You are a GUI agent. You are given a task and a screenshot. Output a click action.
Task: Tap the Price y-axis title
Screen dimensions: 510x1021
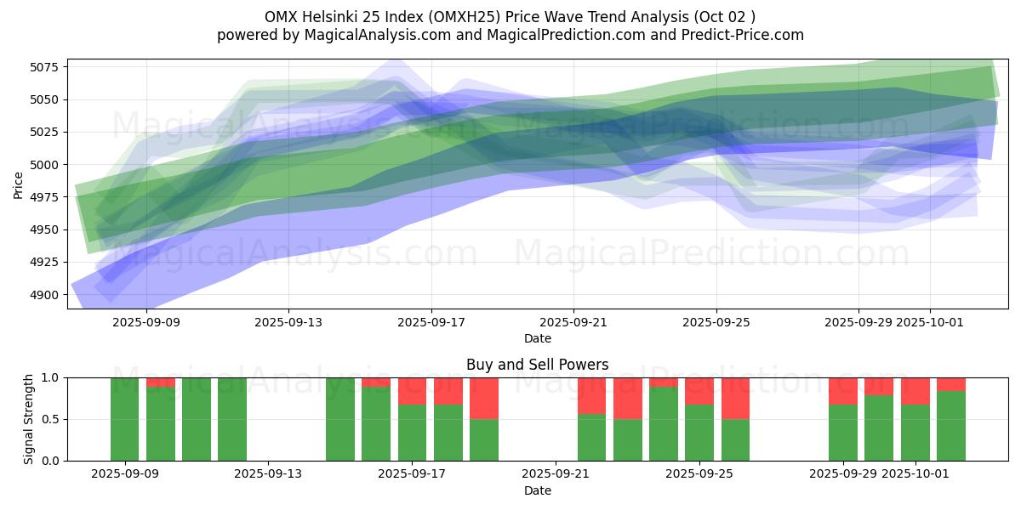(x=19, y=184)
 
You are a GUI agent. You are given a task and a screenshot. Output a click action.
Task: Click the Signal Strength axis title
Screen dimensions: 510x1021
(x=29, y=419)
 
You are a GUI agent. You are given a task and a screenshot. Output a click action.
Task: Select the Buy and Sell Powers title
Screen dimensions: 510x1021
(x=537, y=365)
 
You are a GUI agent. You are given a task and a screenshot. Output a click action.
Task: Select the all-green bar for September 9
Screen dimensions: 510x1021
(x=124, y=419)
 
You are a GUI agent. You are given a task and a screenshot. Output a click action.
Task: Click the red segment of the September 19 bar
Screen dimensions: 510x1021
(x=484, y=398)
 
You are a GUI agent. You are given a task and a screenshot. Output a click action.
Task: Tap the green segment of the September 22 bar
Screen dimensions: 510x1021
(x=591, y=437)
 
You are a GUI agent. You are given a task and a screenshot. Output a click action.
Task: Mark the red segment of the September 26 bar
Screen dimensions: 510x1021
(x=735, y=398)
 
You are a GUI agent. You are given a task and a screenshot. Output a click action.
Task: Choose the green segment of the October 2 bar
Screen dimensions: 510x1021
(x=951, y=426)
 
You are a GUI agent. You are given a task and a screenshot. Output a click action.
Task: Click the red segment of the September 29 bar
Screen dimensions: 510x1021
(x=843, y=390)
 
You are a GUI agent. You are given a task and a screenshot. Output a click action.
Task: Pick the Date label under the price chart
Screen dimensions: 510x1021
(x=537, y=339)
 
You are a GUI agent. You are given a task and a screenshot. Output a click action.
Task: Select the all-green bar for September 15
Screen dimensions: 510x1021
(x=340, y=419)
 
